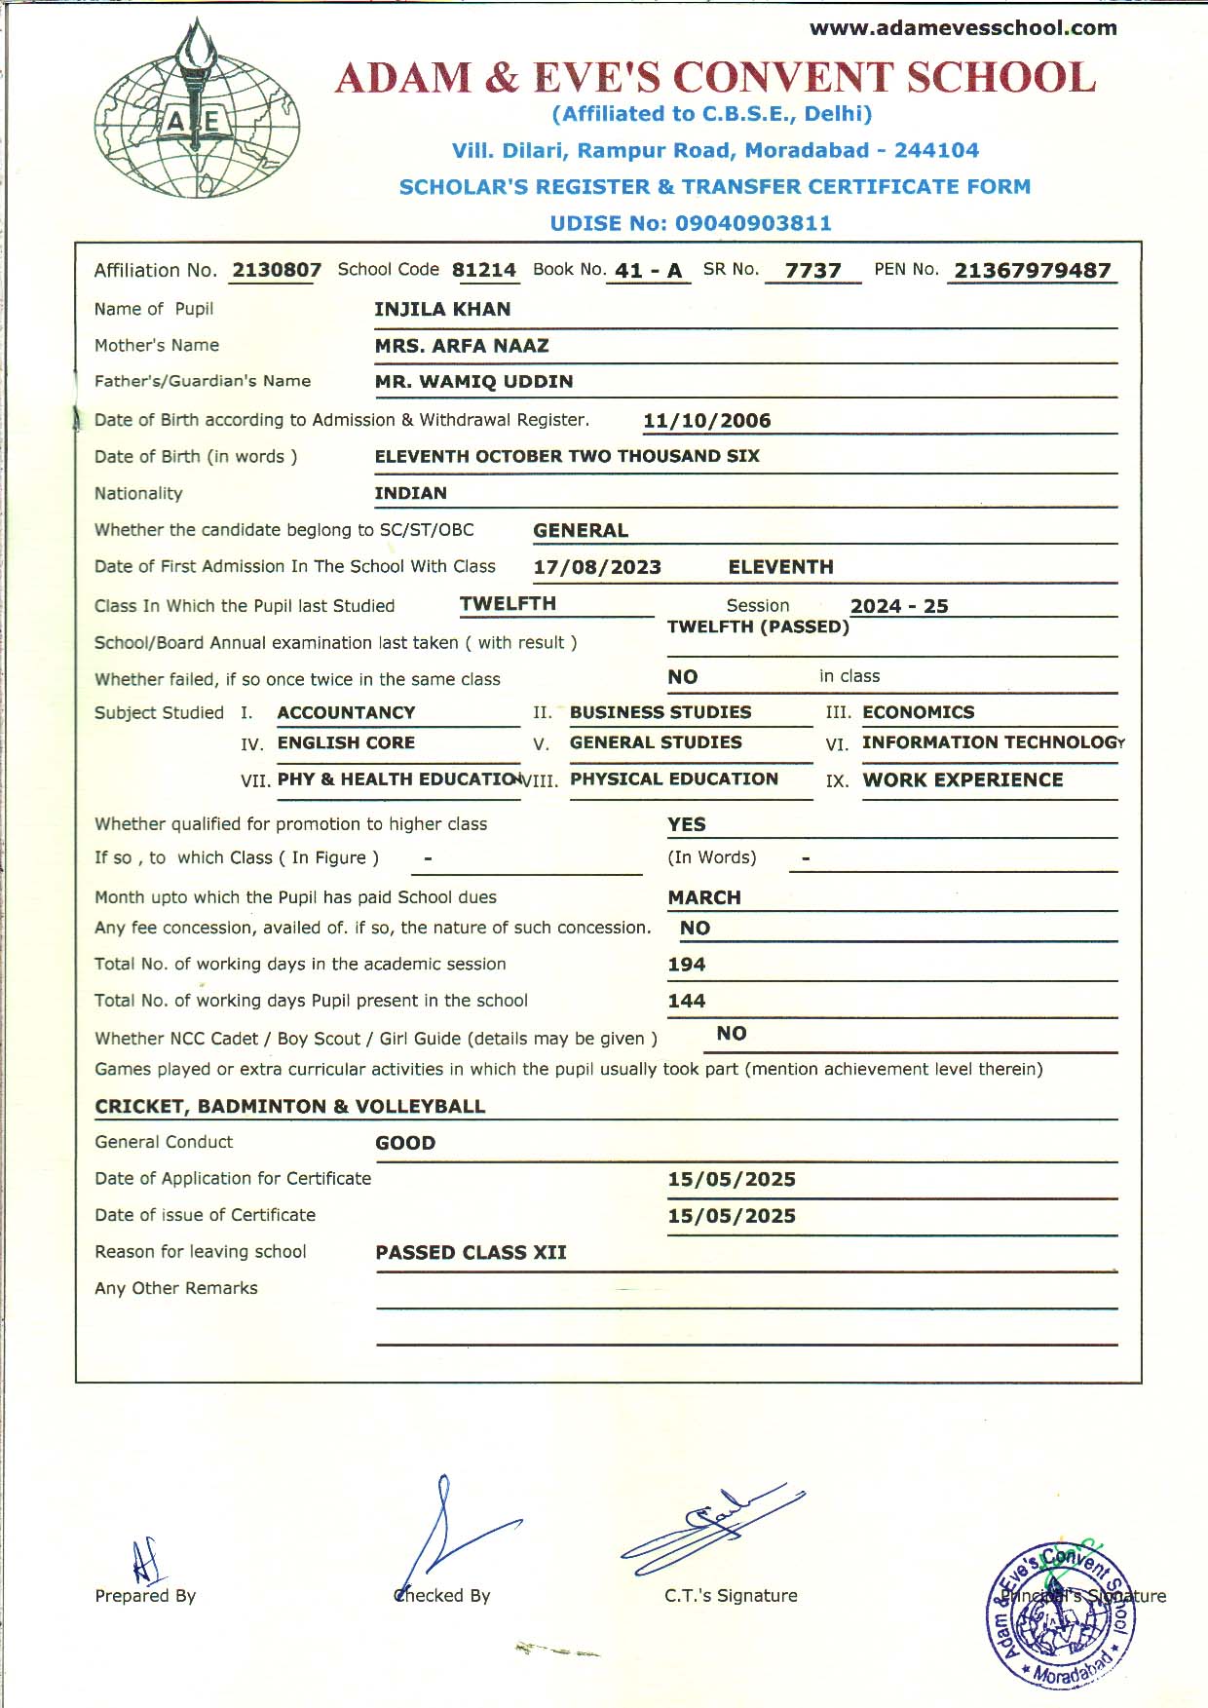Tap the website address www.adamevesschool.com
(x=963, y=28)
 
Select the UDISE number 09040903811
(x=753, y=223)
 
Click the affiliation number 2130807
(x=277, y=270)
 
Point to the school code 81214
(x=484, y=270)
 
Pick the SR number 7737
(x=812, y=271)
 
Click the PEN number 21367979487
(x=1032, y=271)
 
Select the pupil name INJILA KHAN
(x=442, y=310)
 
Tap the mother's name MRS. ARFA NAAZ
(x=462, y=346)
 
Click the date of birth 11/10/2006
(x=706, y=421)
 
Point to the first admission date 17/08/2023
(x=597, y=567)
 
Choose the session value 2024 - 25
(x=899, y=606)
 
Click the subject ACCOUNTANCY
(x=346, y=713)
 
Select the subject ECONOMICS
(x=918, y=712)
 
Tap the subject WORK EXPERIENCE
(x=963, y=780)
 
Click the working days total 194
(x=686, y=965)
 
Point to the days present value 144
(x=686, y=1001)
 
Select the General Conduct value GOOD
(x=405, y=1143)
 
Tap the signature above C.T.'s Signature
(x=711, y=1526)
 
